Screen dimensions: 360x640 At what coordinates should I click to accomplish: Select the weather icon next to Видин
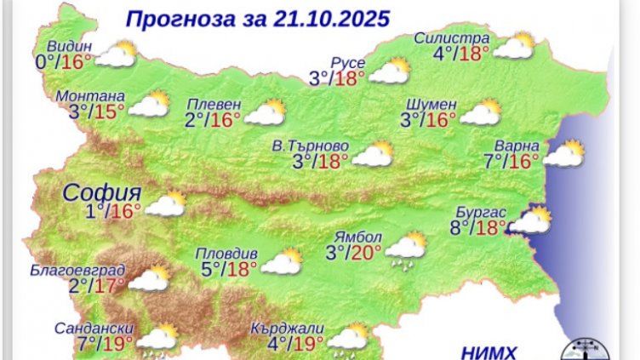[117, 54]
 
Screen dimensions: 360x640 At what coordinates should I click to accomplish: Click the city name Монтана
[90, 96]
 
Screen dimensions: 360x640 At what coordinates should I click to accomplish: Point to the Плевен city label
[214, 104]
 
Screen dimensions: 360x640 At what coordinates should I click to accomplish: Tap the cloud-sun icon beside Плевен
[264, 112]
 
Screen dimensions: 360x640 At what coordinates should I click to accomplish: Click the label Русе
[347, 63]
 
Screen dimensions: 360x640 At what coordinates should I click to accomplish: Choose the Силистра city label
[451, 39]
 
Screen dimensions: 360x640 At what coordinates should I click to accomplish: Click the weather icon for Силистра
[514, 47]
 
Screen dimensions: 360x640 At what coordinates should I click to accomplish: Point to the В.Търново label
[317, 146]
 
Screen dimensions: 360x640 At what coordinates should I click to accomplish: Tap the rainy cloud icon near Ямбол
[406, 248]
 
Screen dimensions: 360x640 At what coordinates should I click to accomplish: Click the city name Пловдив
[222, 253]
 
